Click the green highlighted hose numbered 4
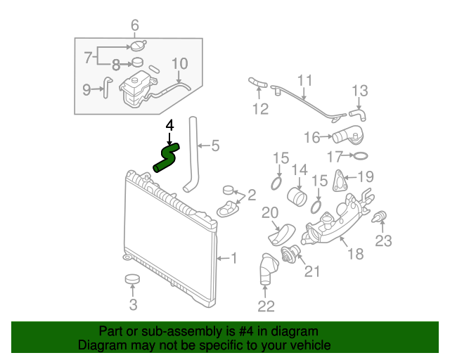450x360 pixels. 167,157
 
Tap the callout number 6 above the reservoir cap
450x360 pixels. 135,27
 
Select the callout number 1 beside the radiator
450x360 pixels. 233,259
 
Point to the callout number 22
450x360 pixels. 266,304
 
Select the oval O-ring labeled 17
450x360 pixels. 359,156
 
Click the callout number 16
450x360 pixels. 312,136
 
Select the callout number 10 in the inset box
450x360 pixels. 180,64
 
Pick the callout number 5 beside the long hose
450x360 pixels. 215,146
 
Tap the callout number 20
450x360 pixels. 271,212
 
